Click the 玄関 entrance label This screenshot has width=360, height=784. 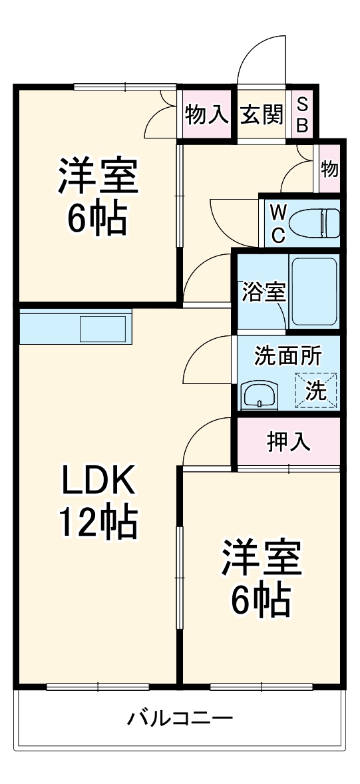[262, 114]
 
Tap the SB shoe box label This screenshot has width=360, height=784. [302, 114]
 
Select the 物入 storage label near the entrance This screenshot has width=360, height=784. [207, 114]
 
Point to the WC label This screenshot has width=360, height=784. [279, 222]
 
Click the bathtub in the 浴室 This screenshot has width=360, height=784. [315, 291]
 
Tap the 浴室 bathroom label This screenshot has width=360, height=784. [264, 292]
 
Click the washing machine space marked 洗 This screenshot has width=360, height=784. [316, 390]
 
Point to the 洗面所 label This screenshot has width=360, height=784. [287, 356]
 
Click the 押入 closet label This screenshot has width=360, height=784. [289, 442]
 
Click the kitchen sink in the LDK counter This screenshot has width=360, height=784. [103, 327]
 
